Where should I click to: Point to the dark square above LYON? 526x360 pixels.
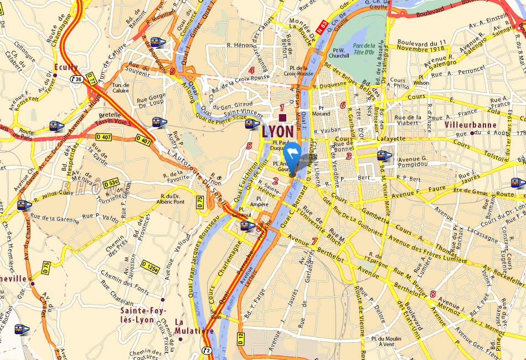pos(283,118)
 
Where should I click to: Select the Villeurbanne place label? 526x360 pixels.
pos(471,125)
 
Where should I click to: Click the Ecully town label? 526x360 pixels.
pos(64,68)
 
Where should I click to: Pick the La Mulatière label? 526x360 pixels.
pos(194,326)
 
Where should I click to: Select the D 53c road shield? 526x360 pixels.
pos(111,182)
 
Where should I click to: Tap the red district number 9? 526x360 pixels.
pos(173,71)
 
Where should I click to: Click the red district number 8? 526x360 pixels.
pos(432,294)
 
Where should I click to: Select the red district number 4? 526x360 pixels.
pos(252,70)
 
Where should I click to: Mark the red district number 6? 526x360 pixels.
pos(343,105)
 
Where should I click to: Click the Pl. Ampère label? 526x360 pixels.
pos(258,200)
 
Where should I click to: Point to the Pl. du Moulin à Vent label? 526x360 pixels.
pos(386,341)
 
